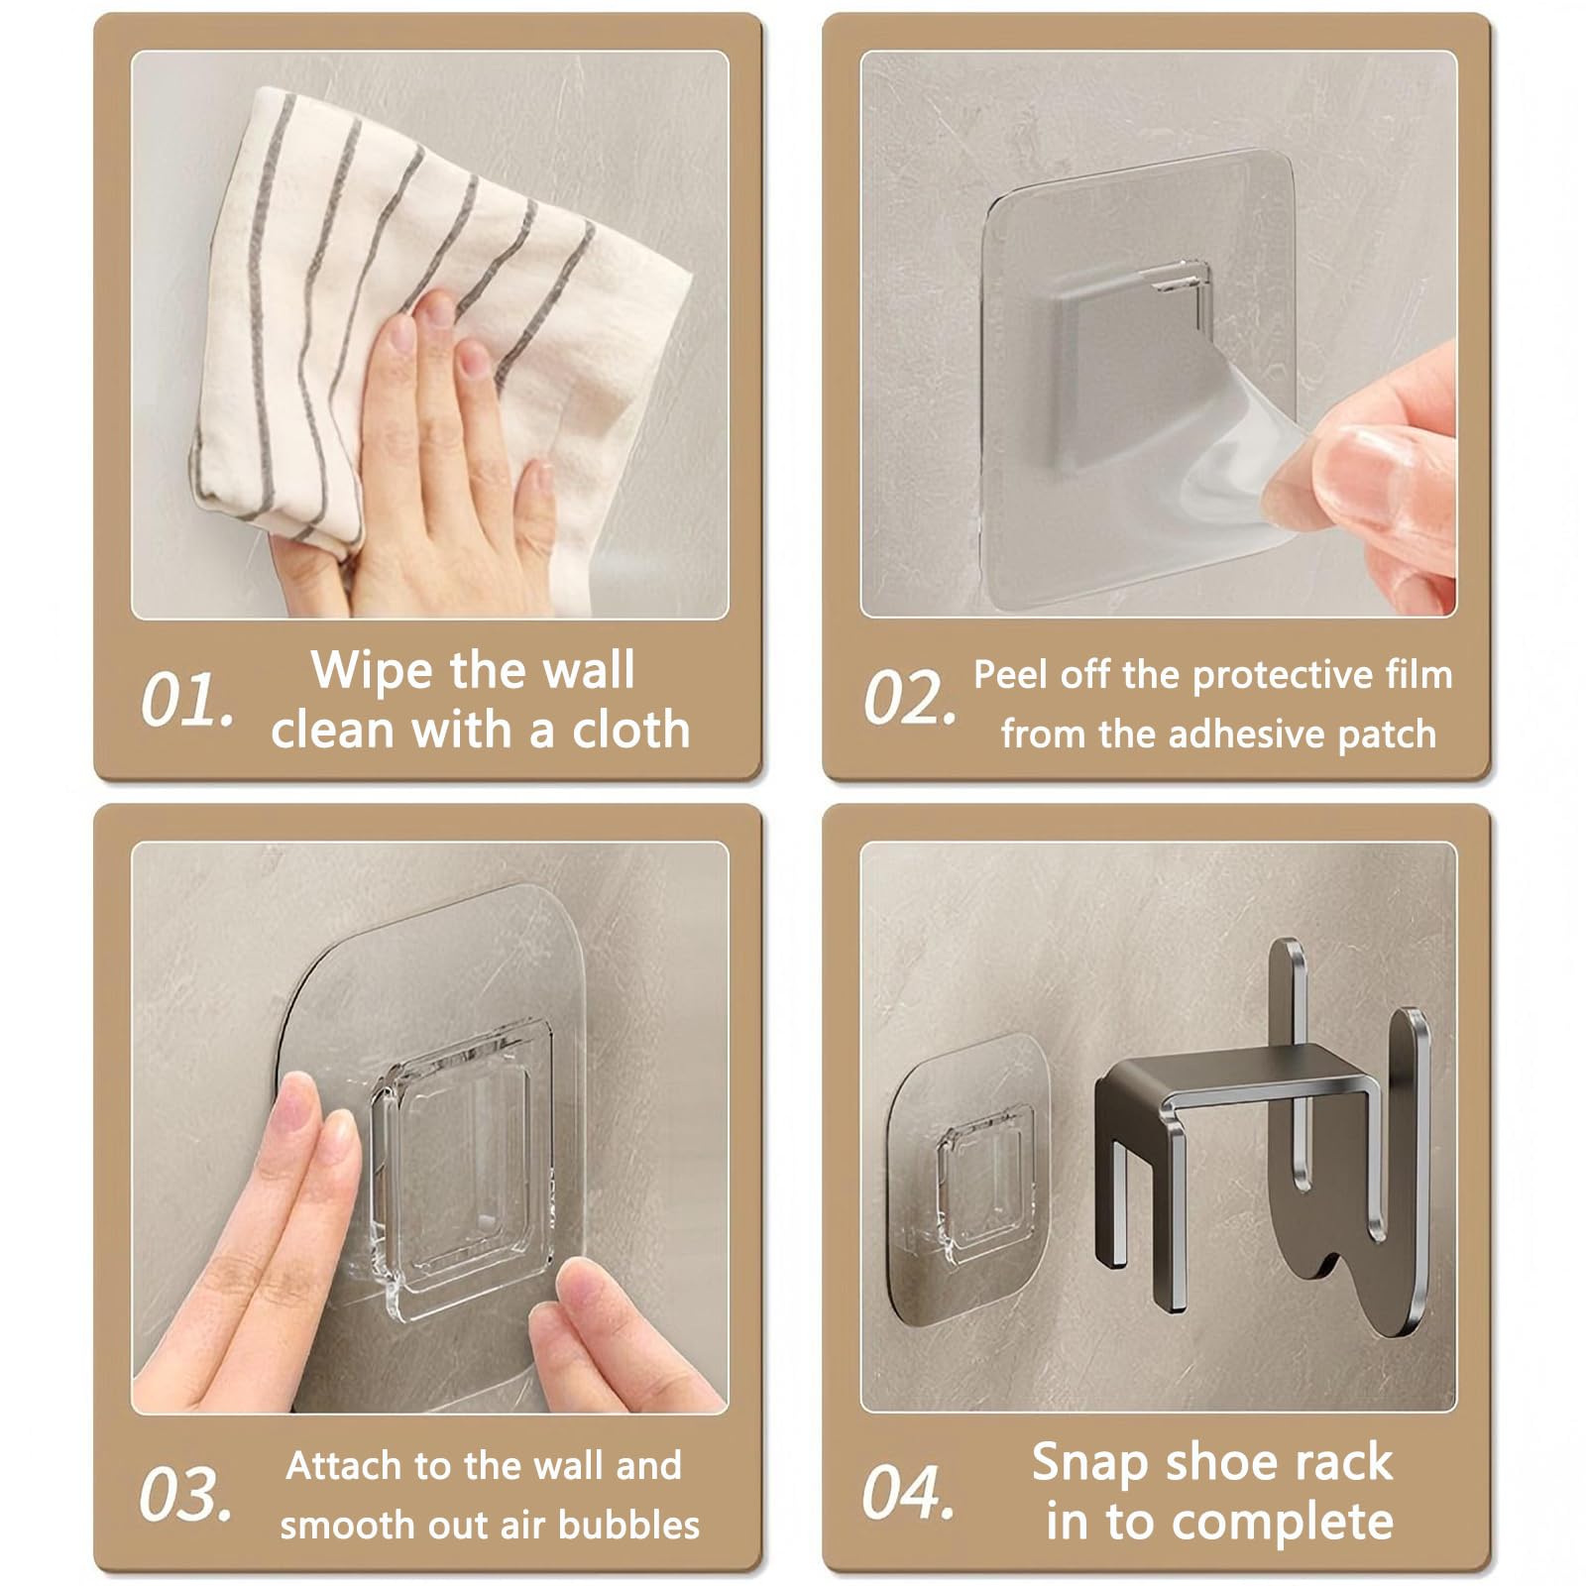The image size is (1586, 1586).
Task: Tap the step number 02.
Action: [910, 698]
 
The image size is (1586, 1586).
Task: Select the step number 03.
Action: [186, 1494]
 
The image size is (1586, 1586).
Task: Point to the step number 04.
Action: [908, 1492]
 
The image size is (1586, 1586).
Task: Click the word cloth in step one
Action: [630, 730]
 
